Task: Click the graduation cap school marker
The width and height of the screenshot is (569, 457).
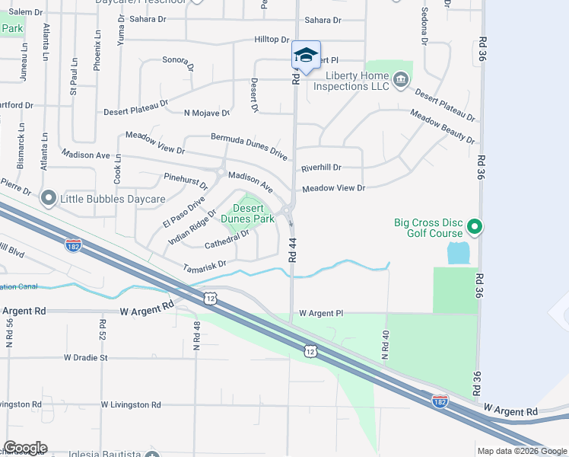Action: pyautogui.click(x=306, y=56)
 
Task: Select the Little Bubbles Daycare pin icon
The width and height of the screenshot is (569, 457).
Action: pyautogui.click(x=49, y=199)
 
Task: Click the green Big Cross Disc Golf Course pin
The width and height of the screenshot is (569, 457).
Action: pyautogui.click(x=475, y=226)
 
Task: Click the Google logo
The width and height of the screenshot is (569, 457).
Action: pyautogui.click(x=25, y=448)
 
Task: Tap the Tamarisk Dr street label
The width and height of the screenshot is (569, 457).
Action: pyautogui.click(x=205, y=264)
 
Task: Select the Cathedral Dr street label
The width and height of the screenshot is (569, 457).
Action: pyautogui.click(x=227, y=240)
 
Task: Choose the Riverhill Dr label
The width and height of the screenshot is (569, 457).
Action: pyautogui.click(x=321, y=168)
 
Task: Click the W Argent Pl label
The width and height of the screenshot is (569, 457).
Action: pyautogui.click(x=321, y=313)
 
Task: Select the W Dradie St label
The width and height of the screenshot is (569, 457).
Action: pyautogui.click(x=97, y=356)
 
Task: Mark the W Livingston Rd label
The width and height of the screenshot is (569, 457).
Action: pyautogui.click(x=130, y=404)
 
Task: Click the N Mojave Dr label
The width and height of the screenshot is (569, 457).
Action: pyautogui.click(x=206, y=113)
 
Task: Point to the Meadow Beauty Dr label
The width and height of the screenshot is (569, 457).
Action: pyautogui.click(x=442, y=127)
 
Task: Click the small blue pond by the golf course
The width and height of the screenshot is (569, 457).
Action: pyautogui.click(x=459, y=253)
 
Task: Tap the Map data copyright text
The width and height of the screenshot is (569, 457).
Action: pyautogui.click(x=523, y=451)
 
